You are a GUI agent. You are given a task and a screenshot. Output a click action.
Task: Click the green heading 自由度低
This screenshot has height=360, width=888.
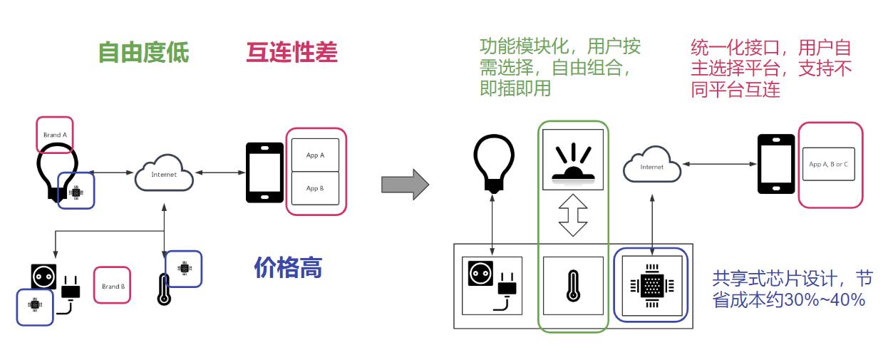pyautogui.click(x=143, y=53)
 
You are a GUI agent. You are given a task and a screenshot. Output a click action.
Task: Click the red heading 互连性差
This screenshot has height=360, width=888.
pyautogui.click(x=291, y=53)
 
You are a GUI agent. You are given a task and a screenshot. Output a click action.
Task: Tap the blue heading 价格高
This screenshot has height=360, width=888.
pyautogui.click(x=288, y=267)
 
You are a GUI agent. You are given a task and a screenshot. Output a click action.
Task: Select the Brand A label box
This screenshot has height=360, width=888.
pyautogui.click(x=55, y=135)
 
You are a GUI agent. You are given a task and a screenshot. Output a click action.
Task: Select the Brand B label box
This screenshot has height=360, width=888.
pyautogui.click(x=113, y=286)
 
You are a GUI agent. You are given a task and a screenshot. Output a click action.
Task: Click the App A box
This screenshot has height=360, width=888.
pyautogui.click(x=315, y=155)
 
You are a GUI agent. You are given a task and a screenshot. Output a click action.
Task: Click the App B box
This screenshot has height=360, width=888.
pyautogui.click(x=315, y=188)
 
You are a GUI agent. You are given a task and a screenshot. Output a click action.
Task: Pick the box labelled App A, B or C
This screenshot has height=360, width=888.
pyautogui.click(x=828, y=164)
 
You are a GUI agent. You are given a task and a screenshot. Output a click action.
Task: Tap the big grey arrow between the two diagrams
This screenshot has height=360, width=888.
pyautogui.click(x=405, y=185)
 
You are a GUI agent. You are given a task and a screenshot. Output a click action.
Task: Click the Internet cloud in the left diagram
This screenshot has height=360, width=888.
pyautogui.click(x=164, y=173)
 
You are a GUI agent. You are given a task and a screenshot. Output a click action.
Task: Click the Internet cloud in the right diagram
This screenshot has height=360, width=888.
pyautogui.click(x=651, y=166)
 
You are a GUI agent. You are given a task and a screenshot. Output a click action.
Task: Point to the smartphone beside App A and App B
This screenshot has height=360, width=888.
pyautogui.click(x=264, y=173)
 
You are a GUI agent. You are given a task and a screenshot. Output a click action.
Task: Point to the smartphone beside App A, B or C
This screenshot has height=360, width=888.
pyautogui.click(x=775, y=163)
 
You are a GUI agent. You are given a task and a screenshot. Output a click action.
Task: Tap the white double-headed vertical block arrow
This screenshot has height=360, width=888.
pyautogui.click(x=572, y=215)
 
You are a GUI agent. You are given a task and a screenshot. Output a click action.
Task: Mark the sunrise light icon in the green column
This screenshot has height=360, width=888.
pyautogui.click(x=572, y=160)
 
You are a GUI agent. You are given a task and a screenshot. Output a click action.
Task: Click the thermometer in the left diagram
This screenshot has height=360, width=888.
pyautogui.click(x=165, y=289)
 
